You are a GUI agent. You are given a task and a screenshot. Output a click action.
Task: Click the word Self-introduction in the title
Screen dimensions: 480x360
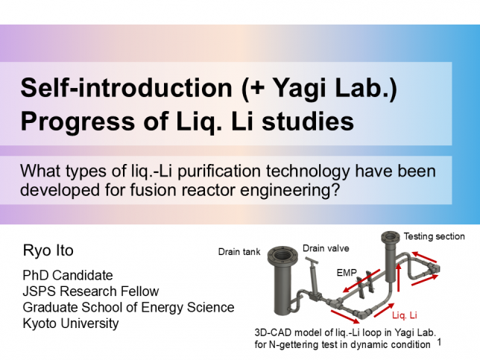pos(127,88)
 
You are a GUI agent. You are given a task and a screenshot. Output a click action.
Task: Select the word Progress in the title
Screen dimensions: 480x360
pos(78,121)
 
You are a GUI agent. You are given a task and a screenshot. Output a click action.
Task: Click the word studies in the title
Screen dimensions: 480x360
pos(308,121)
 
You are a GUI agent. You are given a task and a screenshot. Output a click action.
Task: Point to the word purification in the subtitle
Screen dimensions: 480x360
pos(219,171)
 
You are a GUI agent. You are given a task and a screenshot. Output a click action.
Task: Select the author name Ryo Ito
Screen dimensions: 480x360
pos(48,250)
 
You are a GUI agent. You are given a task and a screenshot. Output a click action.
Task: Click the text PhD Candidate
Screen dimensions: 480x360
pos(68,275)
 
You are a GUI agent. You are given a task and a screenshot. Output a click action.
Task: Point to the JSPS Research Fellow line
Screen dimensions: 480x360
pos(91,291)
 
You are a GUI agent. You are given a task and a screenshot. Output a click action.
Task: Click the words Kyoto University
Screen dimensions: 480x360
pos(71,323)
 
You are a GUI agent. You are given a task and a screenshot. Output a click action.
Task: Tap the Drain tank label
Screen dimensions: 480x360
pos(239,252)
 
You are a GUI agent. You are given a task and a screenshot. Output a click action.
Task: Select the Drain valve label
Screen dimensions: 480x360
pos(326,248)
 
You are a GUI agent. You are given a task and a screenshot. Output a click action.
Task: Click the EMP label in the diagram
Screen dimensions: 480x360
pos(347,273)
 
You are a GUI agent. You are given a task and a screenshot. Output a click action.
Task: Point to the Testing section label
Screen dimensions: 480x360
pos(434,236)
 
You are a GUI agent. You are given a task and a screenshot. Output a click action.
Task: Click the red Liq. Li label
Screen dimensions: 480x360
pos(405,315)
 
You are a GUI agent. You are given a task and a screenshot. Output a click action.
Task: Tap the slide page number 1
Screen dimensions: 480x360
pos(439,342)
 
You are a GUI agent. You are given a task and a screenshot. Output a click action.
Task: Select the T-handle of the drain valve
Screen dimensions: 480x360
pos(312,261)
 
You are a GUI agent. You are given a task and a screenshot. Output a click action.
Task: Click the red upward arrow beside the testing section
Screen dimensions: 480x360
pos(398,278)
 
